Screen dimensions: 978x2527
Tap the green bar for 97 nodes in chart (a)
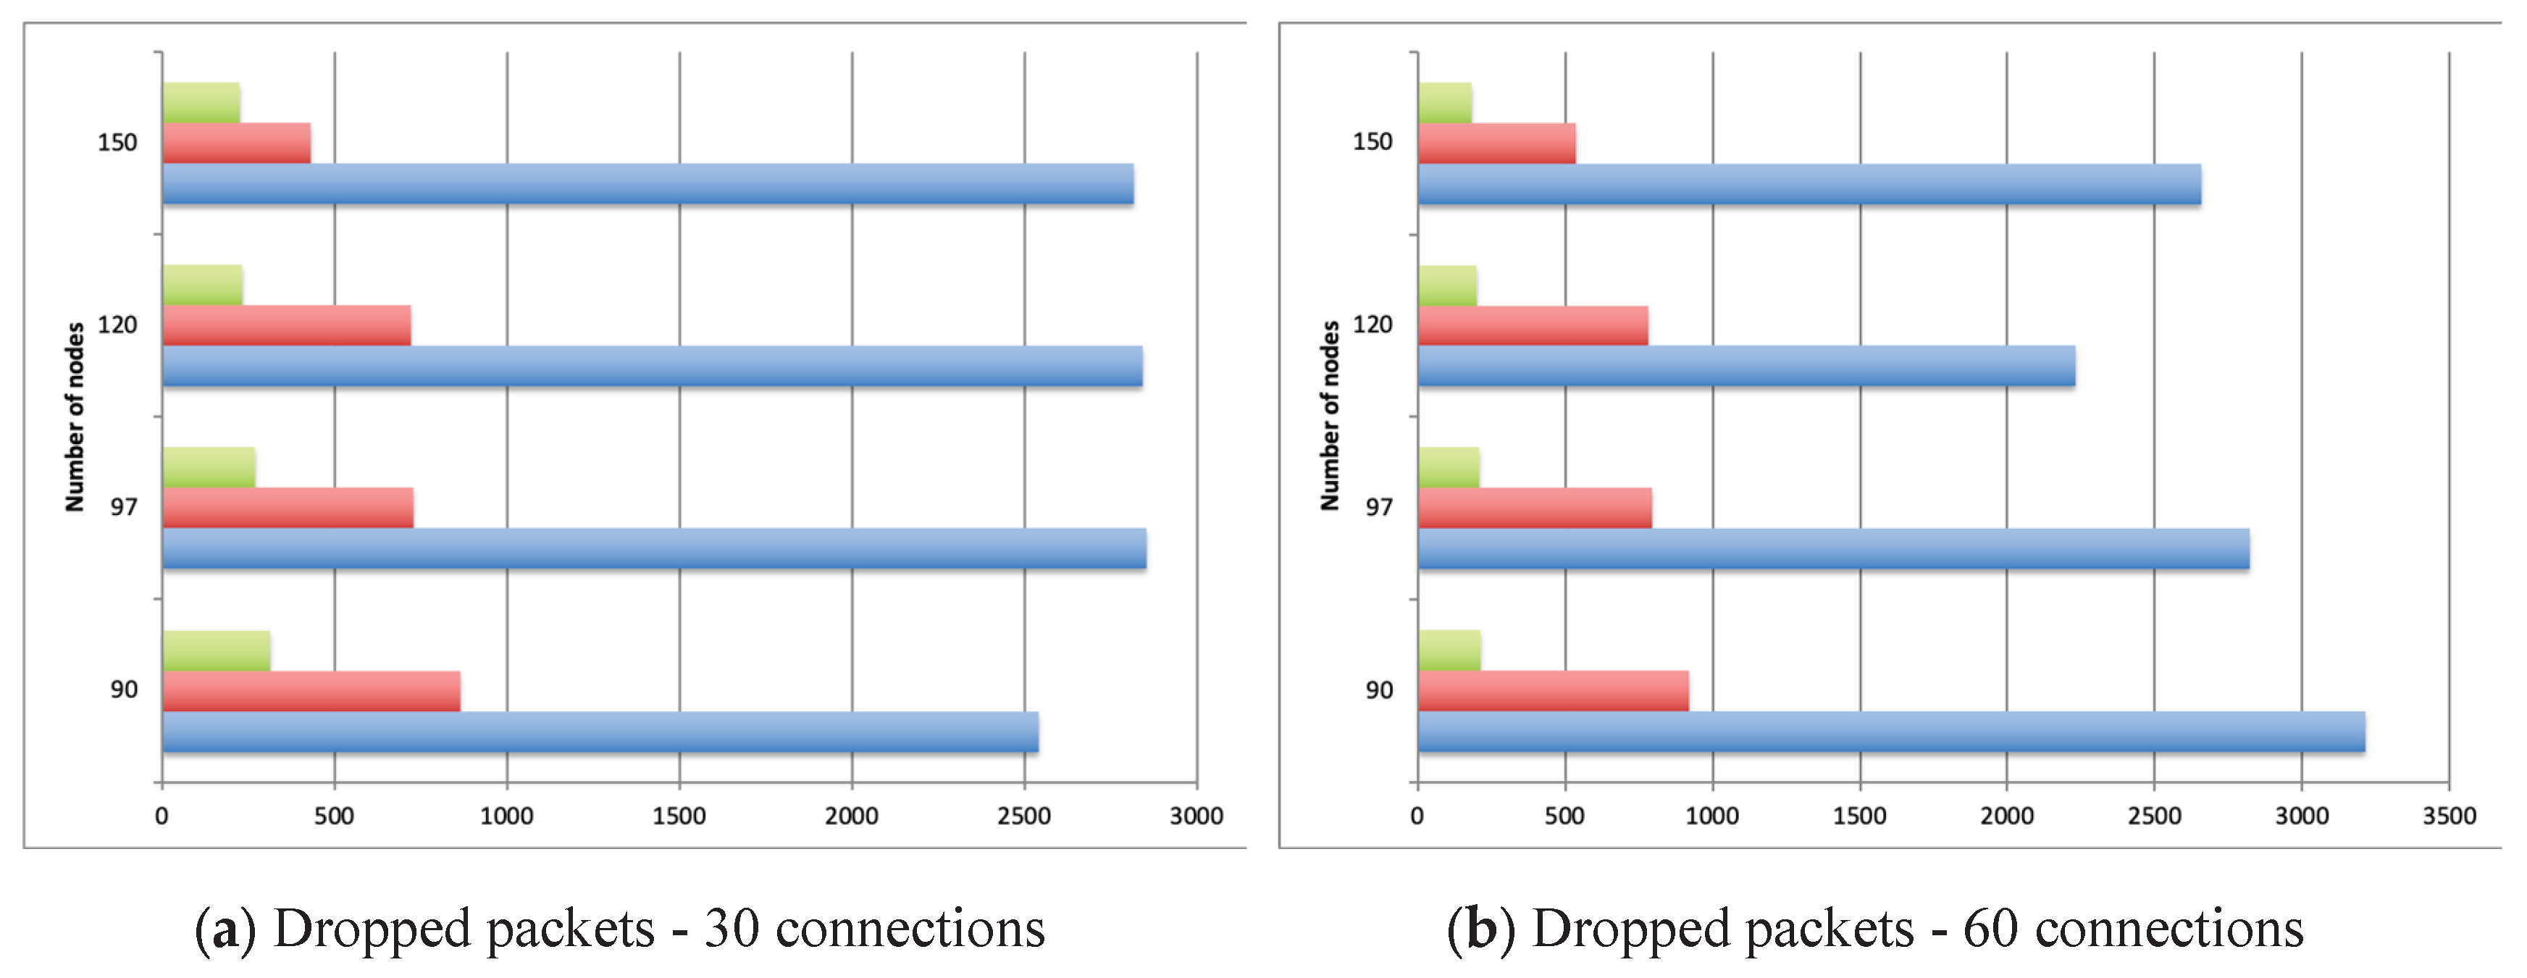point(209,467)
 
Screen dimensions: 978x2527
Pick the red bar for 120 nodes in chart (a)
point(286,325)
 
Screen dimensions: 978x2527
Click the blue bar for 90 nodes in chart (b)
point(1890,732)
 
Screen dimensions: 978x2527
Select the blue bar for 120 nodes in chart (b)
point(1746,366)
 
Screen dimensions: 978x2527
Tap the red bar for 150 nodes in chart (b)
point(1496,143)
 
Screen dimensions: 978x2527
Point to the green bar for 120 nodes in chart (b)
point(1447,285)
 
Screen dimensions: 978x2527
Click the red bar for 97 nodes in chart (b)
point(1534,508)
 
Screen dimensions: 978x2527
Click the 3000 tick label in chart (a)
point(1196,816)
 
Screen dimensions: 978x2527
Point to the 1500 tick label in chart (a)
point(679,816)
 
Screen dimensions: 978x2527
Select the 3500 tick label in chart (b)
point(2449,816)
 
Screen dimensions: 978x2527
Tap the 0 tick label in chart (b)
point(1417,816)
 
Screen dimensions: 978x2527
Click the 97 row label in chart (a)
point(124,508)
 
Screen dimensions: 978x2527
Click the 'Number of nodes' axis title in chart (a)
point(75,417)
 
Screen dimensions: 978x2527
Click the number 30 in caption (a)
point(732,929)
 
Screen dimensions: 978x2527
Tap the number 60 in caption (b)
point(1990,929)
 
